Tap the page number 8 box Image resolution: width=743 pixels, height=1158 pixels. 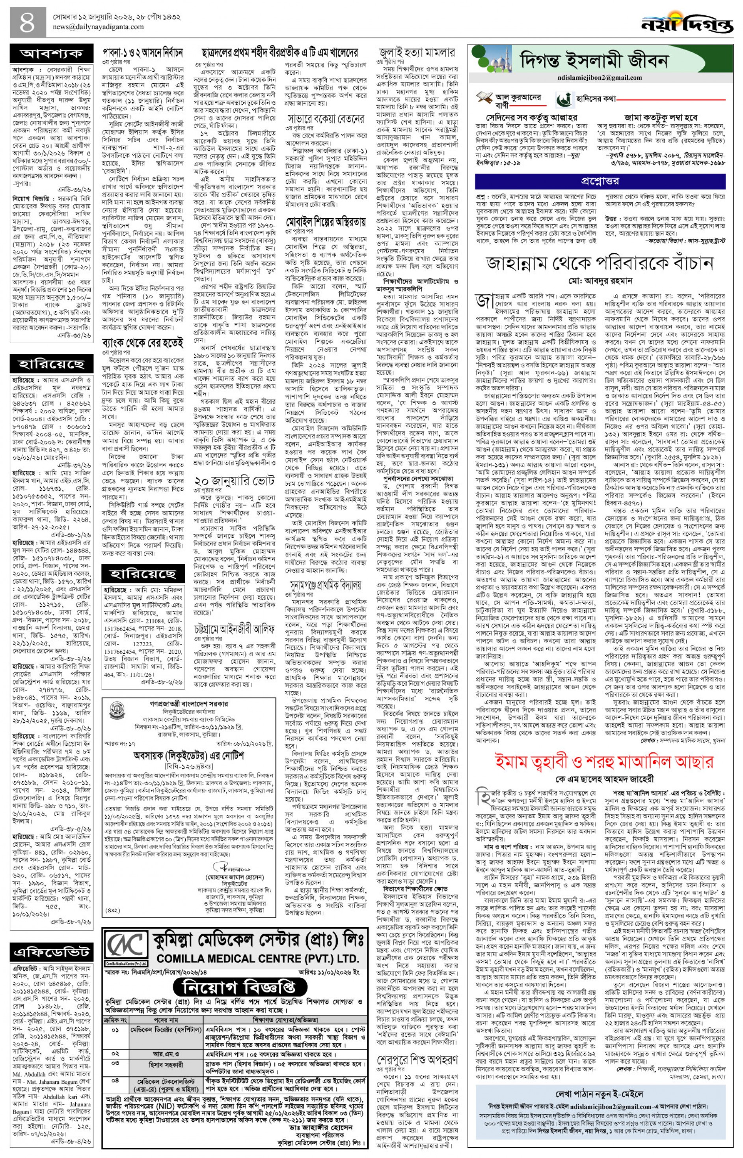tap(28, 22)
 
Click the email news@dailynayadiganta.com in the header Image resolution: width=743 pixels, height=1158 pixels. tap(99, 27)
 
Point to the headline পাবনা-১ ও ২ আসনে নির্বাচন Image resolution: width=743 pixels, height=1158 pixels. tap(143, 51)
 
